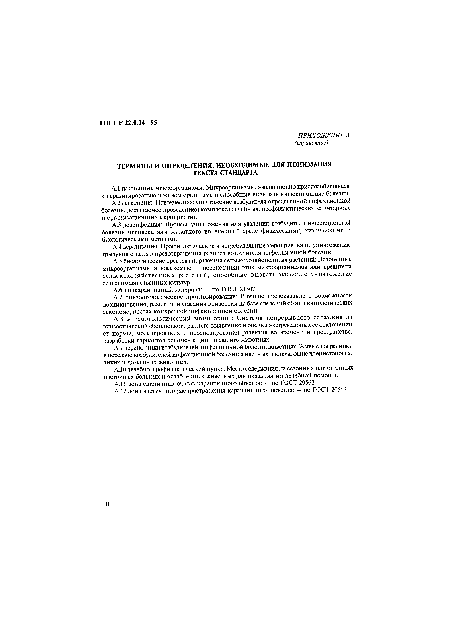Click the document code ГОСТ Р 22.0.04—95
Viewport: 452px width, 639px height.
pyautogui.click(x=128, y=123)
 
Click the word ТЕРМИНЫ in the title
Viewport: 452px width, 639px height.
pyautogui.click(x=134, y=166)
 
